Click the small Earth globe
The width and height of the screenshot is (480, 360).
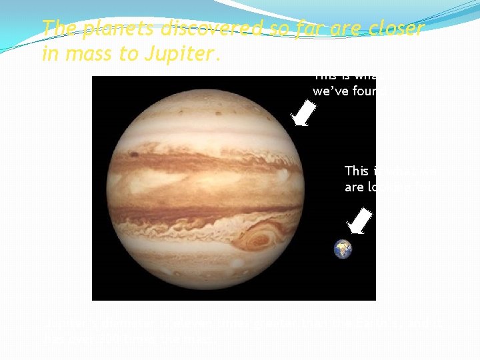[343, 249]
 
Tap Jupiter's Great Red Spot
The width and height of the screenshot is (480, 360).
[261, 237]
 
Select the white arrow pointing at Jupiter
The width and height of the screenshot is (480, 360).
[304, 113]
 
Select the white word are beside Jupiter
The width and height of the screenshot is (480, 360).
[353, 187]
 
